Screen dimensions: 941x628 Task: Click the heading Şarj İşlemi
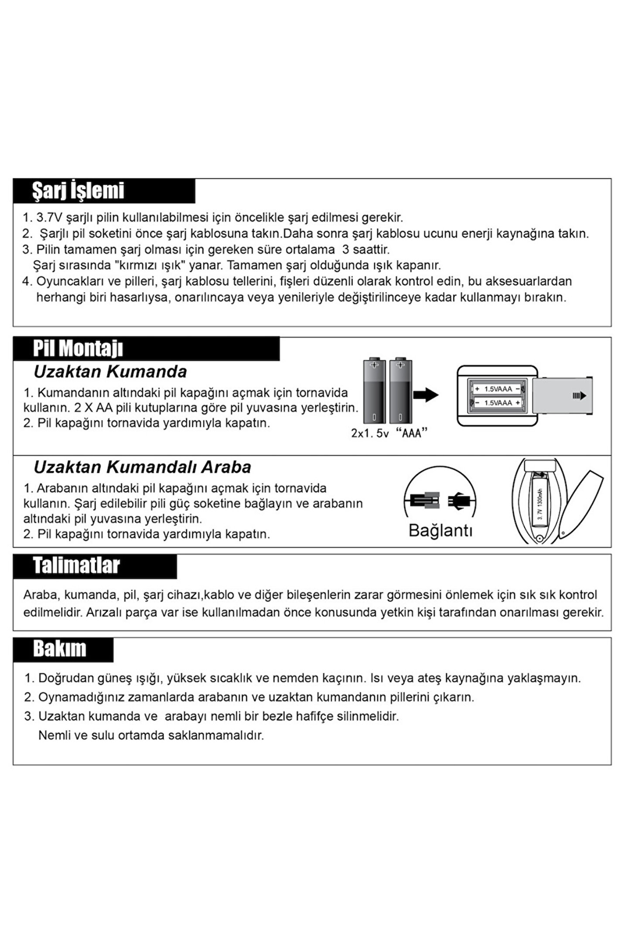pos(78,191)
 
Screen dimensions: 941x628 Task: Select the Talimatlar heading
pos(76,565)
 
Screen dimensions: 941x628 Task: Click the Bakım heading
pos(60,649)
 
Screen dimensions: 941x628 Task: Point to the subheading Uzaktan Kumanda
pos(110,372)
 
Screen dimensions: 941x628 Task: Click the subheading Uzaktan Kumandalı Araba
pos(142,467)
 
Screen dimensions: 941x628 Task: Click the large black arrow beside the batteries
pos(426,395)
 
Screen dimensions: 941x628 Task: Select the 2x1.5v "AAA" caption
pos(389,433)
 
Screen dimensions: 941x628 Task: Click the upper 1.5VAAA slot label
pos(498,389)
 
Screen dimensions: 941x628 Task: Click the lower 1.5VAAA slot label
pos(498,403)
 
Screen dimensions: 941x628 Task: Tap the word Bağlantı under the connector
pos(440,531)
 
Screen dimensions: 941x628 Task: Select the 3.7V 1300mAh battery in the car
pos(540,505)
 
